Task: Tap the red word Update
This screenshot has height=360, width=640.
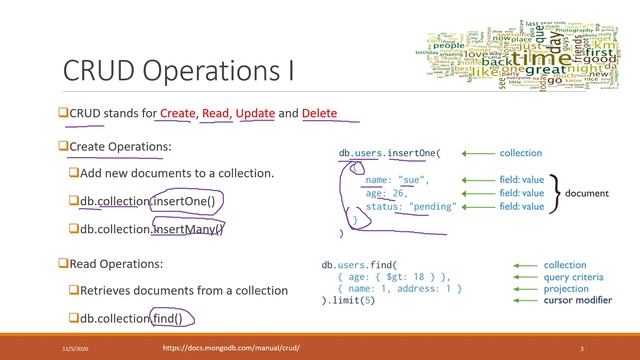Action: click(x=255, y=113)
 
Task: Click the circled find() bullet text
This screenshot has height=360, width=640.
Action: click(x=173, y=318)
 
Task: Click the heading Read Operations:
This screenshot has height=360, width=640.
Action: click(x=117, y=264)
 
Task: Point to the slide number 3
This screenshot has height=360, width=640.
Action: click(x=581, y=347)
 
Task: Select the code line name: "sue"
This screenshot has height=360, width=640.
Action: click(x=397, y=180)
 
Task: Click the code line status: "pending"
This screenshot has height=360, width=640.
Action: click(x=410, y=206)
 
